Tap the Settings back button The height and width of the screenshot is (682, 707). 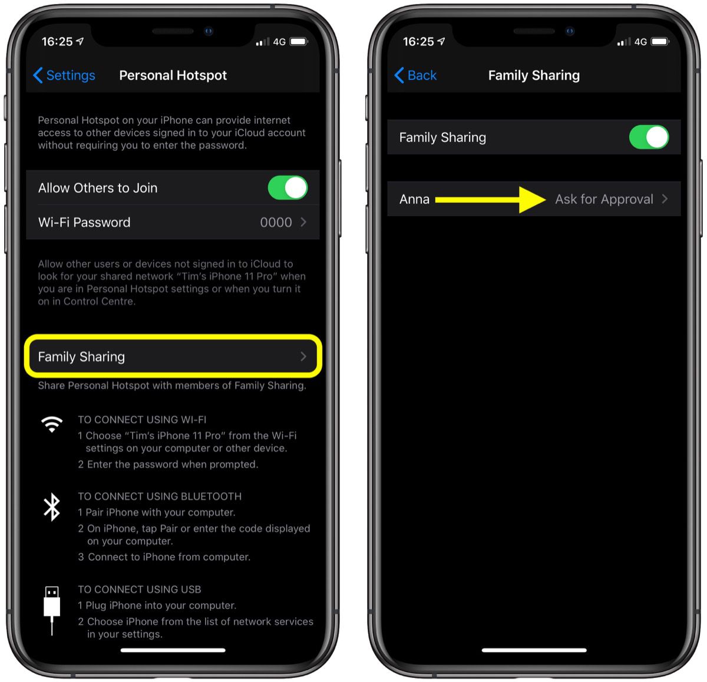(x=64, y=75)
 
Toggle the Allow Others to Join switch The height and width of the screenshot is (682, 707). (x=288, y=188)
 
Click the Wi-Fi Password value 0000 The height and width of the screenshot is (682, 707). (x=276, y=223)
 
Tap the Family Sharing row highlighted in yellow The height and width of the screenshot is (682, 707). (x=173, y=357)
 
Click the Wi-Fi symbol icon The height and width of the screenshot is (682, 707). (x=52, y=424)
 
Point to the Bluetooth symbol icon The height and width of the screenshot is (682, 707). (x=52, y=507)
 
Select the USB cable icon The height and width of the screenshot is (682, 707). (x=52, y=610)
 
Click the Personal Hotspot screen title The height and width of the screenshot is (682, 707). (x=173, y=75)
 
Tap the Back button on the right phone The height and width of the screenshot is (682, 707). (x=415, y=75)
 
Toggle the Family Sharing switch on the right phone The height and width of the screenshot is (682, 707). (x=649, y=137)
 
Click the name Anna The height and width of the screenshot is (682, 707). (x=414, y=200)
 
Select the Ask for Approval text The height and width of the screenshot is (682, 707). (x=604, y=200)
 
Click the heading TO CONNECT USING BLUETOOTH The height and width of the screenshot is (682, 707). (x=160, y=496)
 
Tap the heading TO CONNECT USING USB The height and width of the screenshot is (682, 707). (x=140, y=590)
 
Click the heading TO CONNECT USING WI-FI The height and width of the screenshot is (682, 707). (x=142, y=420)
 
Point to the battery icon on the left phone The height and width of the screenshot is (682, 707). (x=299, y=42)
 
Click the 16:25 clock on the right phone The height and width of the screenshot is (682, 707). (x=418, y=42)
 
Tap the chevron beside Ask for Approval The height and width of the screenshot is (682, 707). (x=665, y=199)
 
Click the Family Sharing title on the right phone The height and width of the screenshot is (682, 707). (x=534, y=75)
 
